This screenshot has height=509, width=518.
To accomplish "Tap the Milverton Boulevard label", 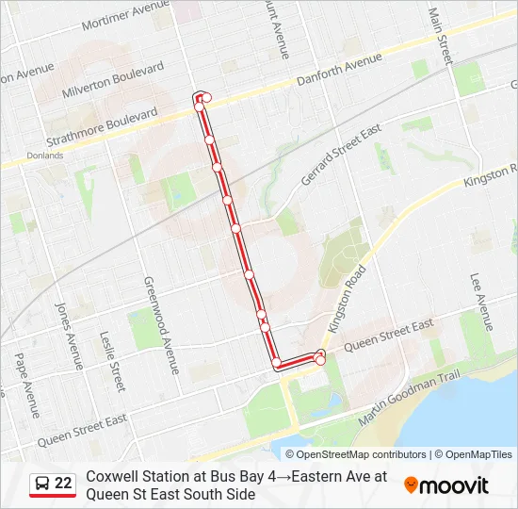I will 112,80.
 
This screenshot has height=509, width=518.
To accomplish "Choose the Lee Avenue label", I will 481,302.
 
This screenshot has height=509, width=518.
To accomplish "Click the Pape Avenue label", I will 26,385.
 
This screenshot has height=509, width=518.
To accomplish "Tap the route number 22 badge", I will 62,484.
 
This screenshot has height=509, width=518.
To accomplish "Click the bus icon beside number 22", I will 42,484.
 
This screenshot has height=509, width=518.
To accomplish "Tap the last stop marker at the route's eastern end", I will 320,359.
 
